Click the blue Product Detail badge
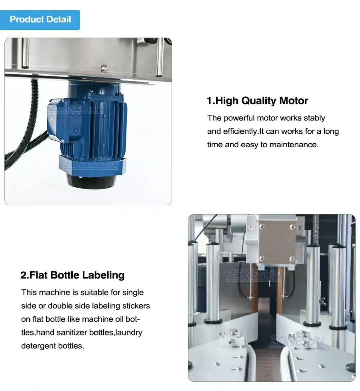[x=40, y=20]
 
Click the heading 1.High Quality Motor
[x=257, y=101]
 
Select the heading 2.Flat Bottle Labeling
[x=72, y=275]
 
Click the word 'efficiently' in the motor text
[x=241, y=132]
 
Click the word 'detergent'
[x=39, y=346]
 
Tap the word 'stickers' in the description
[x=136, y=306]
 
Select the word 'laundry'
[x=129, y=333]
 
